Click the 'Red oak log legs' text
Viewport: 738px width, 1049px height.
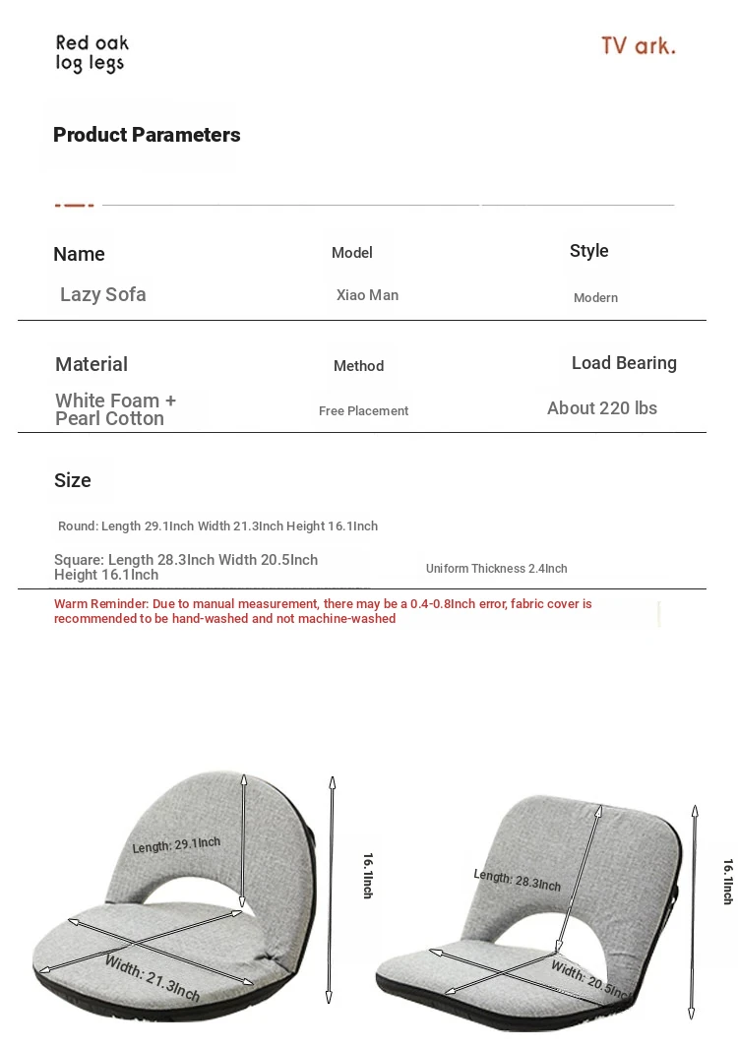point(92,54)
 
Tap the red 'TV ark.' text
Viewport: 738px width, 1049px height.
point(638,46)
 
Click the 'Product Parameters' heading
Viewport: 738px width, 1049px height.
point(147,135)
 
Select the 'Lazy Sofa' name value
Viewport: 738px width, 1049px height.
point(102,294)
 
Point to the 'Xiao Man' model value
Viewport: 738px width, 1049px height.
point(367,295)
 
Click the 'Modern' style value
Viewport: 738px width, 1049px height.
point(595,298)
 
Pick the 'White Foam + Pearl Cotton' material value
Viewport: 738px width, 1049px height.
point(115,409)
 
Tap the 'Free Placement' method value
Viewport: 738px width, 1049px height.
point(363,411)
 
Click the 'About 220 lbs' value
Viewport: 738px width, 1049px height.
point(601,408)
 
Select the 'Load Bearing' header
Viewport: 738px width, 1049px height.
point(624,363)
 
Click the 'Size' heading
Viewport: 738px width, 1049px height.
point(73,480)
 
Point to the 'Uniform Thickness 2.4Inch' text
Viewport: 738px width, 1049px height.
point(496,569)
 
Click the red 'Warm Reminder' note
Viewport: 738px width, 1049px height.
point(323,611)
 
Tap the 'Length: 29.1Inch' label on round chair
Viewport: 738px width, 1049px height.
point(176,845)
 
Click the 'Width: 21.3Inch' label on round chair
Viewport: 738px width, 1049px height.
point(153,978)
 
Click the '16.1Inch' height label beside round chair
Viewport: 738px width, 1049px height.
point(368,875)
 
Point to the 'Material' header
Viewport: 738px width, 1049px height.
point(92,364)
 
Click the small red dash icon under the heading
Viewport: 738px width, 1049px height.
point(74,205)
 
